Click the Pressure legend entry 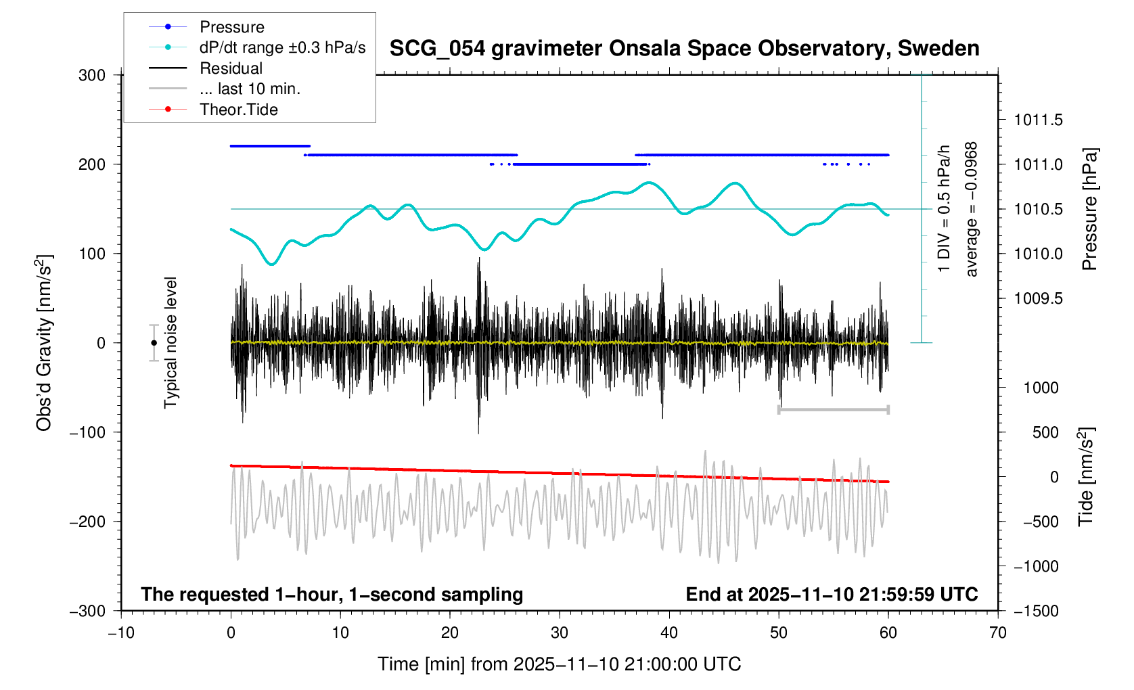point(231,27)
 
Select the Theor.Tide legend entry point(238,110)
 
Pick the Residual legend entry point(231,68)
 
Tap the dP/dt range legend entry point(282,47)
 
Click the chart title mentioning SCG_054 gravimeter point(684,49)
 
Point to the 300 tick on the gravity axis point(92,75)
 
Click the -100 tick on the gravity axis point(88,432)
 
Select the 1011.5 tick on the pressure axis point(1038,120)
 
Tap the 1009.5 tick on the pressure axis point(1038,299)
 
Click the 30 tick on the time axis point(560,633)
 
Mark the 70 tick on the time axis point(997,633)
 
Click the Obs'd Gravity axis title point(44,343)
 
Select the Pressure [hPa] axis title point(1089,209)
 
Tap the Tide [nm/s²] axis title point(1087,477)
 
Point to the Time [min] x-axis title point(559,664)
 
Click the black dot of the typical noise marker point(154,343)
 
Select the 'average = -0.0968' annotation point(972,209)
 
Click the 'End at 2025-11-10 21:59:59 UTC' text point(832,595)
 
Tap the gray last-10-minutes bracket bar point(834,409)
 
